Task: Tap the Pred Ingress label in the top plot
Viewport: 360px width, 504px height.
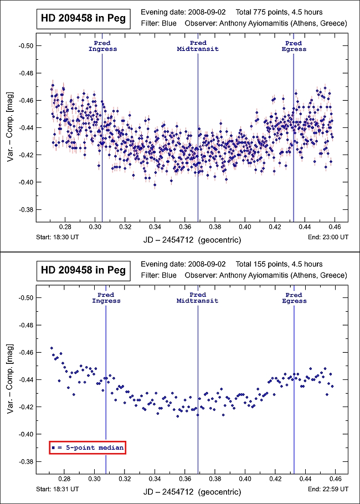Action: pos(102,46)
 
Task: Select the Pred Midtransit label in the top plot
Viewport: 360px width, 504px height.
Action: pos(198,46)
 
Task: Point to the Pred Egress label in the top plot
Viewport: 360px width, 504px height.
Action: pos(294,46)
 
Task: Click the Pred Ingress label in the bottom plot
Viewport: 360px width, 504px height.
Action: pos(106,298)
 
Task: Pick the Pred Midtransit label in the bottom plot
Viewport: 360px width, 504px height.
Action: pos(198,298)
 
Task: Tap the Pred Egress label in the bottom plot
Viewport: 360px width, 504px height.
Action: pos(294,298)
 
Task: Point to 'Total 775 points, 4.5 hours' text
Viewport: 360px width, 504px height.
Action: pos(279,12)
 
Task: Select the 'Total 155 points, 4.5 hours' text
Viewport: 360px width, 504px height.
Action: pos(279,264)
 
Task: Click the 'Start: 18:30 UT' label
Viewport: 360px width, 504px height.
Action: pos(59,236)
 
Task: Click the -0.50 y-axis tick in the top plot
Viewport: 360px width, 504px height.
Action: pos(25,46)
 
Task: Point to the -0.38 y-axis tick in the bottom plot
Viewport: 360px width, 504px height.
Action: pos(25,461)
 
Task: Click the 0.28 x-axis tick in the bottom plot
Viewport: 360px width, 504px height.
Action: pos(65,479)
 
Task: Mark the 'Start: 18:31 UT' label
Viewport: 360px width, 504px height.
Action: pos(59,488)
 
